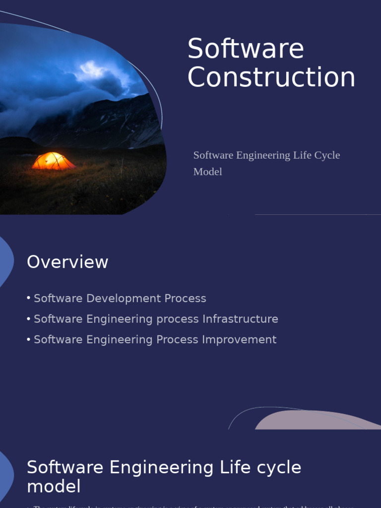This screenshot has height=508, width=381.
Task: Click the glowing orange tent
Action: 53,161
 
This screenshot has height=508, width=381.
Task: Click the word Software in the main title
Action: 246,49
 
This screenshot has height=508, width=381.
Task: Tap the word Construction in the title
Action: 271,78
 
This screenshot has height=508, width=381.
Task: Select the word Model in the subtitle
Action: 207,172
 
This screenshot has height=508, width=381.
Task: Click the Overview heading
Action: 67,262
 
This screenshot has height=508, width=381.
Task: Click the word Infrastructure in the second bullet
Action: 240,319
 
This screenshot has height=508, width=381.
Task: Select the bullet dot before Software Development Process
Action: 29,298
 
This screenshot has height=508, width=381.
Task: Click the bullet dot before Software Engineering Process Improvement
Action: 29,339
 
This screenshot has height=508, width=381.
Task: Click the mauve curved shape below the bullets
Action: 313,421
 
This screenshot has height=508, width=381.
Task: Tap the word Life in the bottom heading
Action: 234,467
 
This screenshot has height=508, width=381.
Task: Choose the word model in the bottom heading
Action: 54,487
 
